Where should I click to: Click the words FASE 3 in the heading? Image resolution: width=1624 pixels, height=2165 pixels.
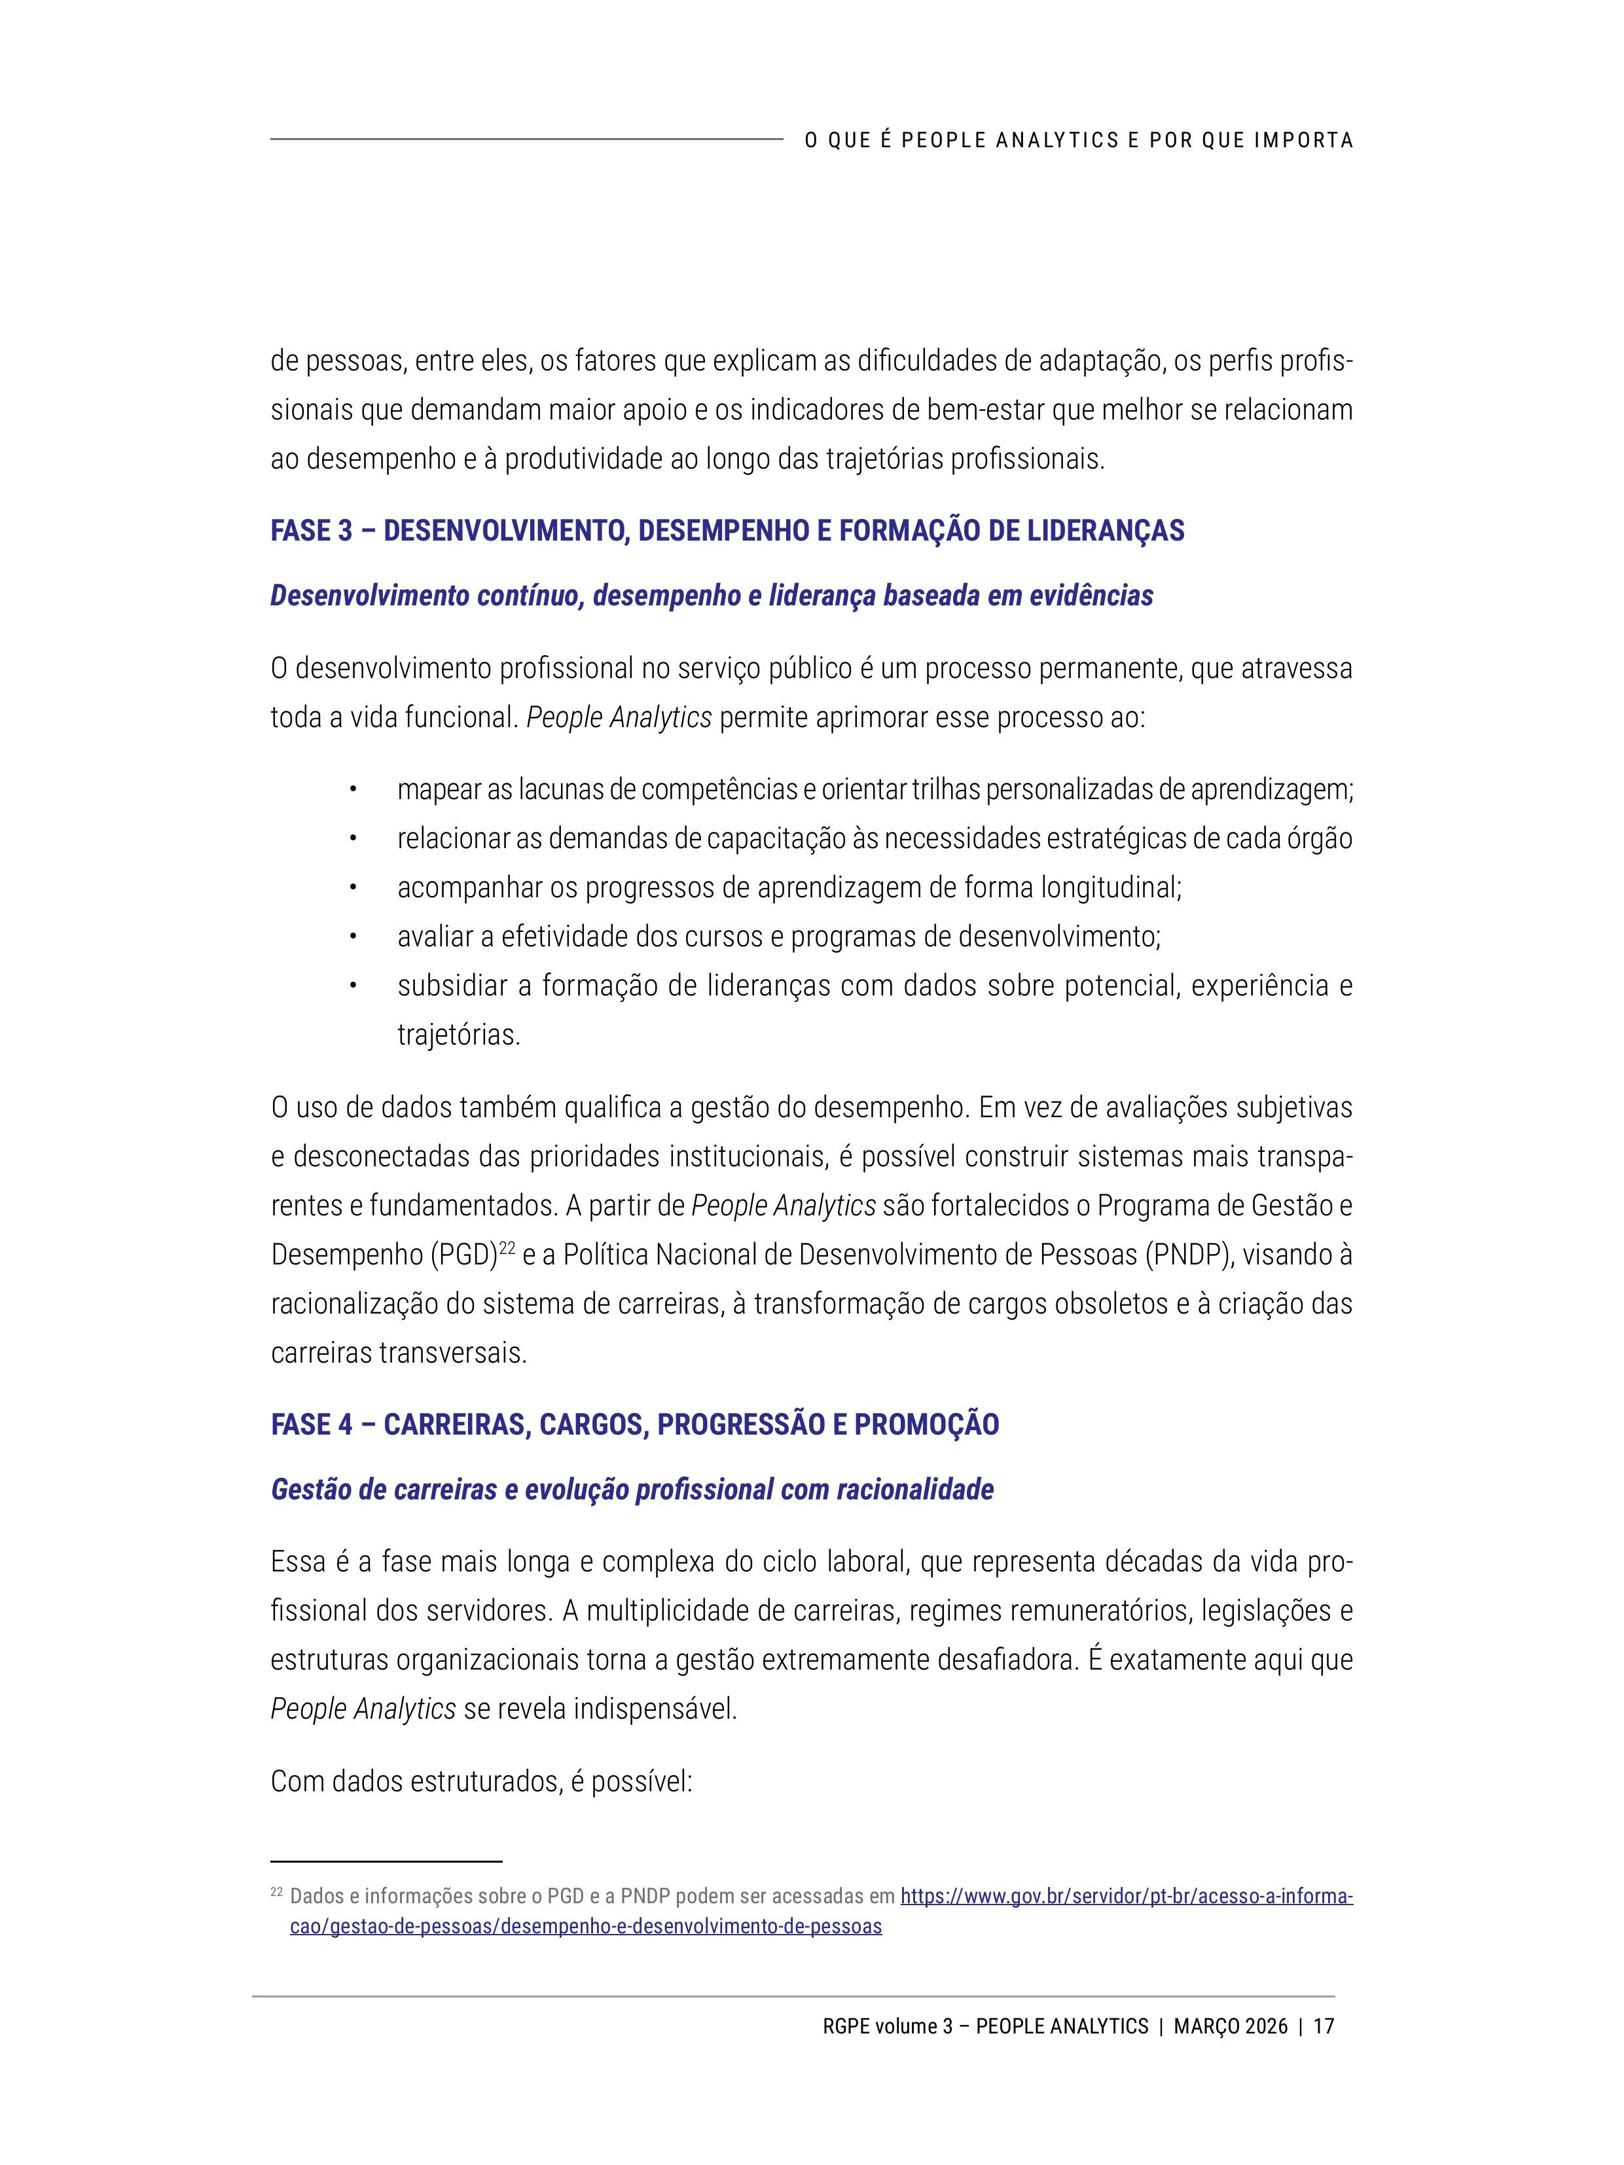point(312,531)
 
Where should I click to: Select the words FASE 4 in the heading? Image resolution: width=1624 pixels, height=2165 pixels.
point(312,1424)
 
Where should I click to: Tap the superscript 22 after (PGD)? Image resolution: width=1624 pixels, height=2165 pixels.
point(507,1248)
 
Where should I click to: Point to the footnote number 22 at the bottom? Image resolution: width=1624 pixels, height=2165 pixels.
point(276,1893)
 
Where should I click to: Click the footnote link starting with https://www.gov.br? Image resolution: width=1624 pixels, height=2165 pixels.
point(1126,1897)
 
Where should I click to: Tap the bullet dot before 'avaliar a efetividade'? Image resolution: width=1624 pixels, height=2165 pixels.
point(354,937)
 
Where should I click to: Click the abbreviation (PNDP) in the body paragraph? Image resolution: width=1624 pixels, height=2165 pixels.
point(1185,1255)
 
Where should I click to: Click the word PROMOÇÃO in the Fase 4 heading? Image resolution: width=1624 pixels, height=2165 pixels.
point(926,1424)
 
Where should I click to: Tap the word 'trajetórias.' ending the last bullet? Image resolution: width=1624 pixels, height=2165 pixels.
point(458,1035)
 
